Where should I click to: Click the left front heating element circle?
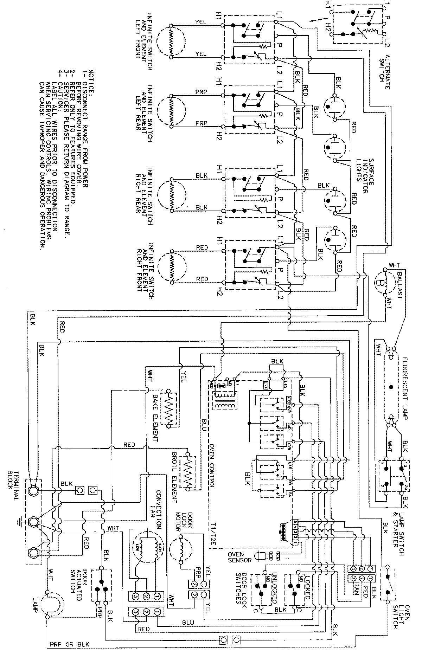(x=170, y=41)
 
